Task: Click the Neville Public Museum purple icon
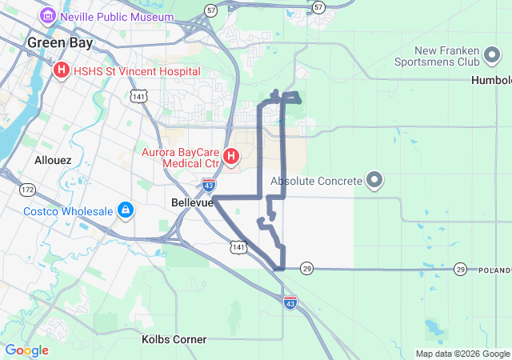48,16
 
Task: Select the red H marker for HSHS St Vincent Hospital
61,71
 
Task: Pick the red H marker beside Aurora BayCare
230,155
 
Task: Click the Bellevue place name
193,203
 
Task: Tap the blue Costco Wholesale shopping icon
125,211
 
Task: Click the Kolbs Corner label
174,339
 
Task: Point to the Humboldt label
492,81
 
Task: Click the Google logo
26,350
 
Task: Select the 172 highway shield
27,190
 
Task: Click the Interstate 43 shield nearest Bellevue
207,185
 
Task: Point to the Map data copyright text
462,354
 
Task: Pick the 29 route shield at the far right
460,270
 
